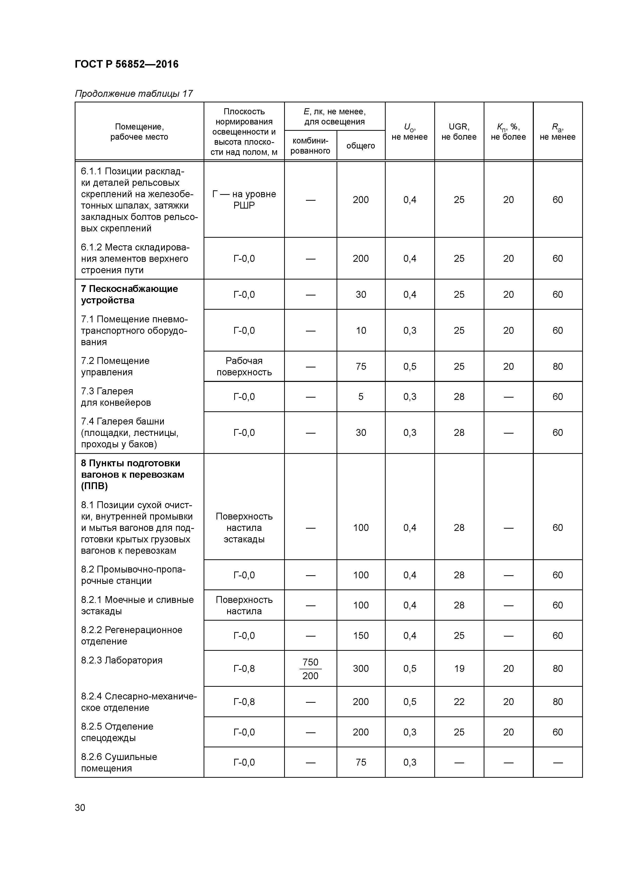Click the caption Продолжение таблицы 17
pos(133,94)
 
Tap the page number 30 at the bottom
pos(80,808)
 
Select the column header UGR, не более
pos(459,132)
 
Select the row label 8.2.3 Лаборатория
pos(122,660)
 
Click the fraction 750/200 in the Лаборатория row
pos(310,669)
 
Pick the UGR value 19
pos(459,669)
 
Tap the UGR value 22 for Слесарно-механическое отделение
pos(459,702)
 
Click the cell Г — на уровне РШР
pos(244,199)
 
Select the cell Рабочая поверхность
pos(244,366)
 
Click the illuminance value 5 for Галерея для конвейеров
pos(361,397)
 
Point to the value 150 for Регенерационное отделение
pos(361,635)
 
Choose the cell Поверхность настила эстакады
pos(244,528)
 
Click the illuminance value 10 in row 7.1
pos(361,330)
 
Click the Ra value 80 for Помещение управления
pos(558,366)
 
